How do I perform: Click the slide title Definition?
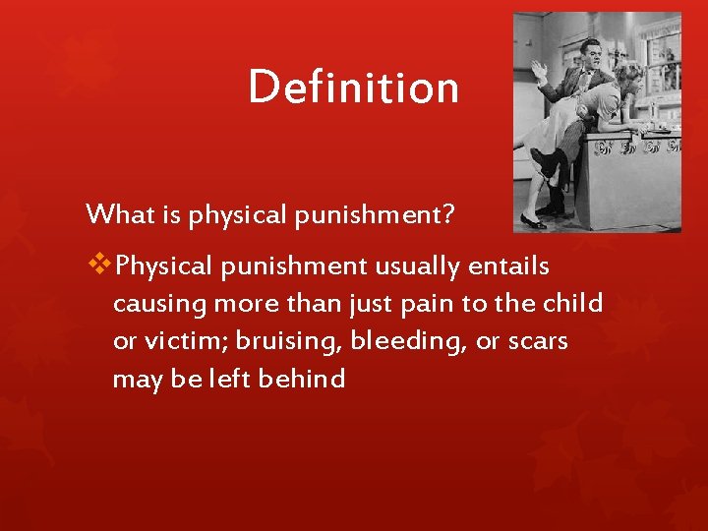coord(353,87)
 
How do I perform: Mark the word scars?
coord(538,341)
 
